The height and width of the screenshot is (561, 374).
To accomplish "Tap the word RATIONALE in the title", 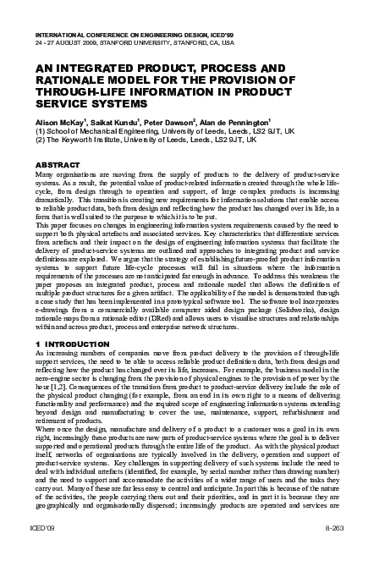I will coord(74,79).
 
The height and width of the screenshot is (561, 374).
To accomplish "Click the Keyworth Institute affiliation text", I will coord(94,141).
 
